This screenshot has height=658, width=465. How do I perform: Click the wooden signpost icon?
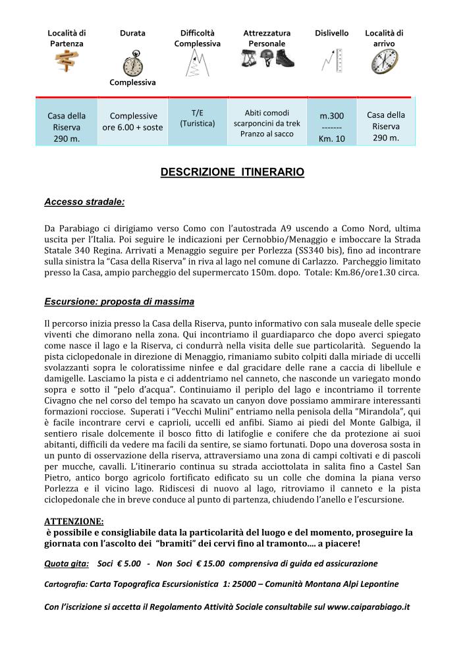coord(67,61)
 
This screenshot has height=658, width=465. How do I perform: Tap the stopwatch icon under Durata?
coord(132,64)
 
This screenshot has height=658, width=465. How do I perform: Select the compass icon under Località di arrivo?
coord(384,61)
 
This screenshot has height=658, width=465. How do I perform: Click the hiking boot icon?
coord(285,59)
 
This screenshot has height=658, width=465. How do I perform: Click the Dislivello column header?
coord(331,33)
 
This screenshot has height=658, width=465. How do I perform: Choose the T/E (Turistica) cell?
coord(198,118)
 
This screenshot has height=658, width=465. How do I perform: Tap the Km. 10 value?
coord(331,139)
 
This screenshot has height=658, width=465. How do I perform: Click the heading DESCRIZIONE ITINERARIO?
coord(232,173)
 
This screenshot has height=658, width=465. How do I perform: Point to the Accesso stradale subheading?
coord(84,202)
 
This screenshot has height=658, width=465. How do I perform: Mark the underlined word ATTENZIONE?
coord(74,521)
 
